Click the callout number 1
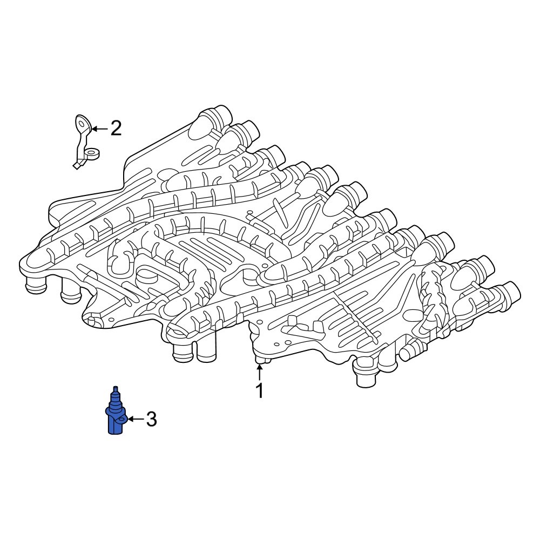(x=260, y=390)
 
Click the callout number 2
(x=116, y=129)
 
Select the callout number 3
(x=151, y=419)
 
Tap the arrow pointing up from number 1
(x=260, y=372)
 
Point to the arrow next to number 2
(x=99, y=129)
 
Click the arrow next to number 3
(x=134, y=419)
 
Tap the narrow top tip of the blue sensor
(x=114, y=390)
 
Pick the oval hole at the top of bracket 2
(x=82, y=123)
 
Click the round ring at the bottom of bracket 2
(x=92, y=154)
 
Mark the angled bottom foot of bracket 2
(x=77, y=165)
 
